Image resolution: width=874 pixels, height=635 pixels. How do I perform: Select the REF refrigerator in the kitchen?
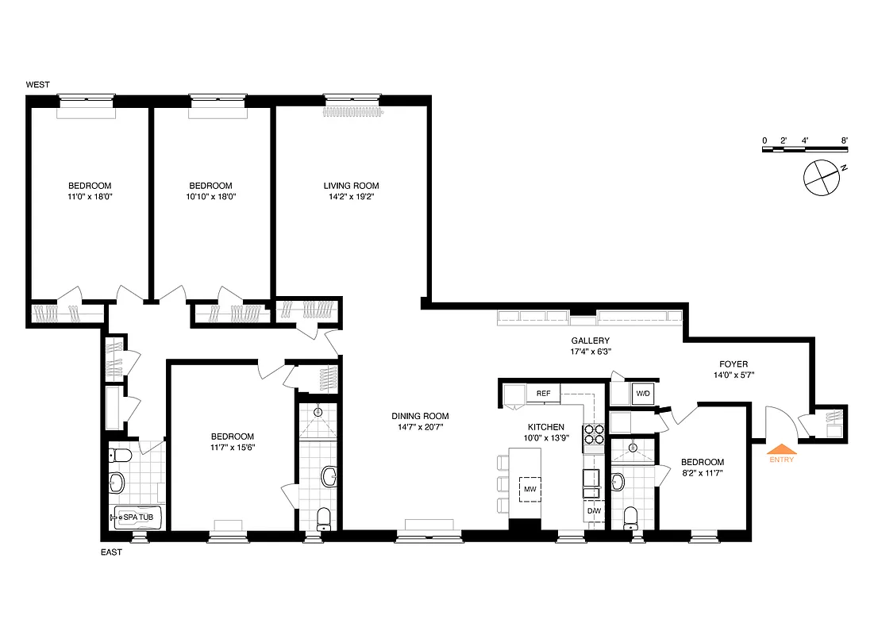tap(544, 393)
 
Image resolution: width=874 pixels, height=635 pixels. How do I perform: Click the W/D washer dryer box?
tap(642, 393)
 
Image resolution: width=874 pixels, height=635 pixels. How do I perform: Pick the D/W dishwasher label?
tap(594, 510)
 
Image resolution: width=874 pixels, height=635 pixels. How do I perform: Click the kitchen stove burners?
tap(594, 435)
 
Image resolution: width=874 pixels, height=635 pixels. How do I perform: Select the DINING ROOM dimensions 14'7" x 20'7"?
tap(420, 427)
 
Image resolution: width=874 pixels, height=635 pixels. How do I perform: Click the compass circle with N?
tap(820, 177)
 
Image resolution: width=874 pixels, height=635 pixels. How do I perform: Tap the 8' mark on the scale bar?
tap(845, 140)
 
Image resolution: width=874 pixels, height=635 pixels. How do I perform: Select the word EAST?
tap(111, 552)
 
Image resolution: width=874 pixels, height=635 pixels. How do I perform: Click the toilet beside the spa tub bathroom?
tap(120, 456)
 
